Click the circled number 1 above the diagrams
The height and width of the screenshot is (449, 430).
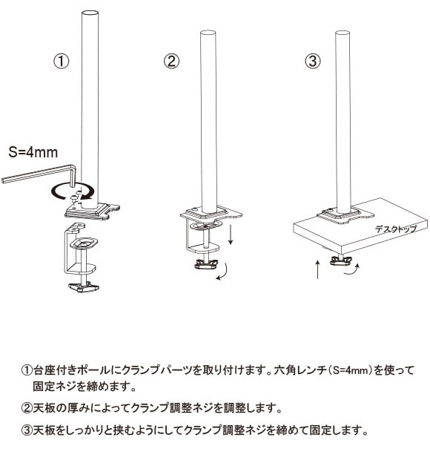pyautogui.click(x=62, y=62)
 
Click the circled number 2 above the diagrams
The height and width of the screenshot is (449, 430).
pyautogui.click(x=171, y=61)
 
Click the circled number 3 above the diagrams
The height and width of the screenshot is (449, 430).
pyautogui.click(x=312, y=61)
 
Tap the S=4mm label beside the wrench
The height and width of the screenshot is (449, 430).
pyautogui.click(x=33, y=152)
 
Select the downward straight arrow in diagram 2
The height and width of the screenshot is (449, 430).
pyautogui.click(x=231, y=235)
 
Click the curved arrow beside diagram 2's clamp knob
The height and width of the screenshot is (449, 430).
pyautogui.click(x=224, y=272)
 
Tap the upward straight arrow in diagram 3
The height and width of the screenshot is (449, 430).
pyautogui.click(x=318, y=269)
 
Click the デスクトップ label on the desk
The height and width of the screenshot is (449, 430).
pyautogui.click(x=396, y=229)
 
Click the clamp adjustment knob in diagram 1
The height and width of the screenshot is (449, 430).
pyautogui.click(x=84, y=287)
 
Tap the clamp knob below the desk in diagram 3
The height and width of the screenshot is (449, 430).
pyautogui.click(x=341, y=260)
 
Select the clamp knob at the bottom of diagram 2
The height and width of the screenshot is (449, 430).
pyautogui.click(x=206, y=264)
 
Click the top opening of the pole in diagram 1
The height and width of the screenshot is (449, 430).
pyautogui.click(x=90, y=13)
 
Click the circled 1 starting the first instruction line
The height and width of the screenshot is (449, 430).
pyautogui.click(x=27, y=370)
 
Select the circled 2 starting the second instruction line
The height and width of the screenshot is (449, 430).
pyautogui.click(x=27, y=407)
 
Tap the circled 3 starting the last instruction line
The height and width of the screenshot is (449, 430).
pyautogui.click(x=27, y=430)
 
